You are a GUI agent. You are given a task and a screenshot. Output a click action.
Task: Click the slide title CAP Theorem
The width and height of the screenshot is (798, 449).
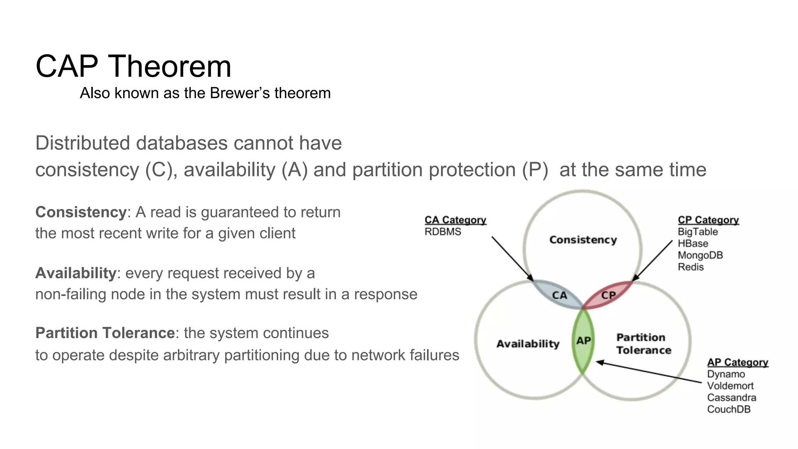pyautogui.click(x=133, y=66)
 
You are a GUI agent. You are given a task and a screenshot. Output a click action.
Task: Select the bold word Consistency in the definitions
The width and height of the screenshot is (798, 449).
pyautogui.click(x=81, y=212)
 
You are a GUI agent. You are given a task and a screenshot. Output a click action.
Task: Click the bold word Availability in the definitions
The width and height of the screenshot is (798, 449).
pyautogui.click(x=76, y=273)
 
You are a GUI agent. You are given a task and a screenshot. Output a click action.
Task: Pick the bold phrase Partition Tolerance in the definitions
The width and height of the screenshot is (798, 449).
pyautogui.click(x=105, y=333)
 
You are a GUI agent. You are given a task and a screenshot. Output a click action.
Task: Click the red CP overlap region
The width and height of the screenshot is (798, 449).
pyautogui.click(x=608, y=295)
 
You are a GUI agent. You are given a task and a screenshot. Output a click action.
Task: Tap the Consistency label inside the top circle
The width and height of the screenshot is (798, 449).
pyautogui.click(x=583, y=240)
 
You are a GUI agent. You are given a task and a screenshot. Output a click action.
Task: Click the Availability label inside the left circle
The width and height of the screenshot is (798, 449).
pyautogui.click(x=528, y=344)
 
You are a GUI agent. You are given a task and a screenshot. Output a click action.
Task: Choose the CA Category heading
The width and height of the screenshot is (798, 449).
pyautogui.click(x=455, y=220)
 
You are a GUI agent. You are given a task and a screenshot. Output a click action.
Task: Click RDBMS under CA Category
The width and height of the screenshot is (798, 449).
pyautogui.click(x=443, y=232)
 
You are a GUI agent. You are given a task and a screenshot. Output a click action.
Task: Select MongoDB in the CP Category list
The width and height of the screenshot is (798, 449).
pyautogui.click(x=700, y=255)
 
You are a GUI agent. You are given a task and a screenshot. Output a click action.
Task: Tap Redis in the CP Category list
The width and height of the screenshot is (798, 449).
pyautogui.click(x=690, y=267)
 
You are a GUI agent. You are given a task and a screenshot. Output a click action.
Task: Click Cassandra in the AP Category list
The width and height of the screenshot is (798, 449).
pyautogui.click(x=731, y=398)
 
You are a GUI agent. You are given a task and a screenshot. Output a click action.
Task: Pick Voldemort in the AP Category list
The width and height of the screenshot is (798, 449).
pyautogui.click(x=730, y=386)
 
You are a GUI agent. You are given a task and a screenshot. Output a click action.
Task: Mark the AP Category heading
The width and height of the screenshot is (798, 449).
pyautogui.click(x=737, y=362)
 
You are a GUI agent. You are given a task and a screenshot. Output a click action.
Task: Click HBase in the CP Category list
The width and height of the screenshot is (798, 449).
pyautogui.click(x=693, y=244)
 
